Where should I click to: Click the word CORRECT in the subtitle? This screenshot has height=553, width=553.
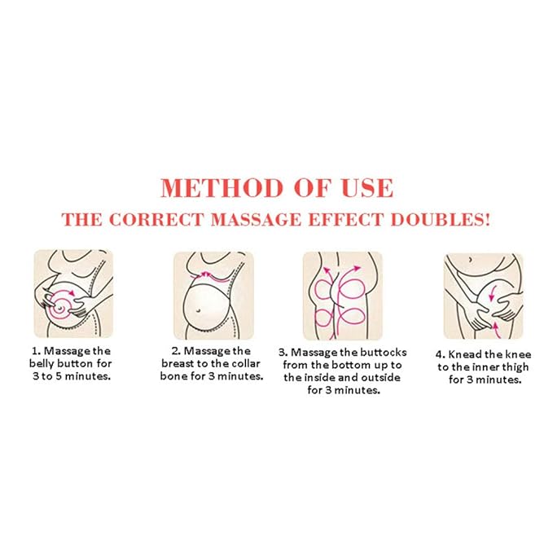151,221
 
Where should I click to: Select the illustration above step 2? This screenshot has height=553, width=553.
213,294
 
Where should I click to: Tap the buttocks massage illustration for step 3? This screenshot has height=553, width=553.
342,294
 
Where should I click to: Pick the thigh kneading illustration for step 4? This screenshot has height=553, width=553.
483,294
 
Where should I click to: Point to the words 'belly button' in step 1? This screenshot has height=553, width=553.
65,363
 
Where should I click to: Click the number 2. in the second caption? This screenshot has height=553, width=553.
176,351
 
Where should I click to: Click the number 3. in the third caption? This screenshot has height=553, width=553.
283,352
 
